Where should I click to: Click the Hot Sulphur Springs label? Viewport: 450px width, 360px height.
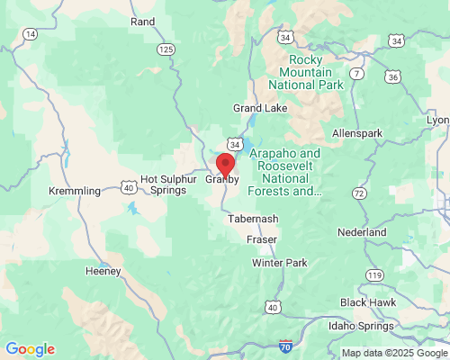[167, 184]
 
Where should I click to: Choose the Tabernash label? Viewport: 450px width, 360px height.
[253, 219]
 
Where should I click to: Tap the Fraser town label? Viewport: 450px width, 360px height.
[262, 239]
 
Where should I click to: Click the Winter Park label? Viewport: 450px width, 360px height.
[280, 263]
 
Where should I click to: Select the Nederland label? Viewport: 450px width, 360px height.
[363, 232]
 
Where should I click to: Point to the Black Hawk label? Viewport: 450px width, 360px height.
[367, 301]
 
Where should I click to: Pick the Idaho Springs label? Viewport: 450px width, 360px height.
[362, 325]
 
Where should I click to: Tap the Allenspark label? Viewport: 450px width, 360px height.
[356, 133]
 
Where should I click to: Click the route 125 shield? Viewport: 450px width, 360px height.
[165, 49]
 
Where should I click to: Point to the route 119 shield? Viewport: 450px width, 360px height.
[374, 274]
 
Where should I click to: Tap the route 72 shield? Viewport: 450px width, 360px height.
[359, 193]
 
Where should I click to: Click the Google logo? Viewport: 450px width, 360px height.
[30, 349]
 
